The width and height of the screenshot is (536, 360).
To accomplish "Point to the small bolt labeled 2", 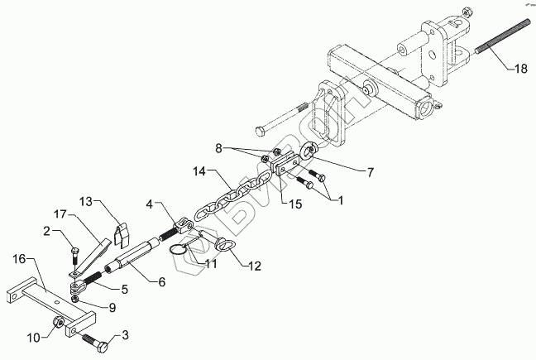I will tap(74, 251).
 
